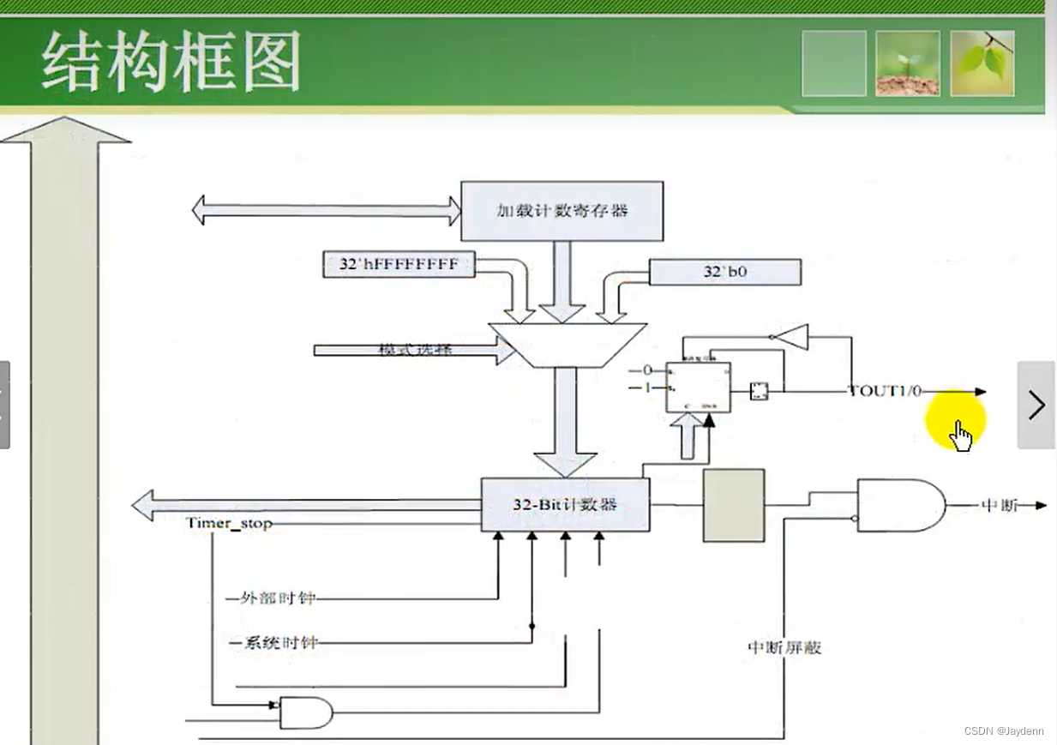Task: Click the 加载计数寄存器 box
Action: pos(562,211)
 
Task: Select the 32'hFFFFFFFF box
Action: pos(399,265)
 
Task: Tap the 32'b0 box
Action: pos(724,273)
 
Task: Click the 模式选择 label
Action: pos(415,350)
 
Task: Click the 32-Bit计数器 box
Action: pos(565,505)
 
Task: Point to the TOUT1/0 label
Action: pos(885,391)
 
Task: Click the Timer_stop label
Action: pos(228,523)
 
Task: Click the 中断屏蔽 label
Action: pos(784,648)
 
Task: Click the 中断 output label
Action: pos(999,505)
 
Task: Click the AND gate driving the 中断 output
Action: pos(899,505)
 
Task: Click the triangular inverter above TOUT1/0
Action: pos(791,337)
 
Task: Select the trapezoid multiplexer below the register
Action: pos(567,345)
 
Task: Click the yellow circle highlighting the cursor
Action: pos(955,420)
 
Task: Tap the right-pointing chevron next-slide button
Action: pos(1036,405)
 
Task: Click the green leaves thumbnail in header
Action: pos(982,63)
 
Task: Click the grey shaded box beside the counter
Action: pos(734,505)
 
